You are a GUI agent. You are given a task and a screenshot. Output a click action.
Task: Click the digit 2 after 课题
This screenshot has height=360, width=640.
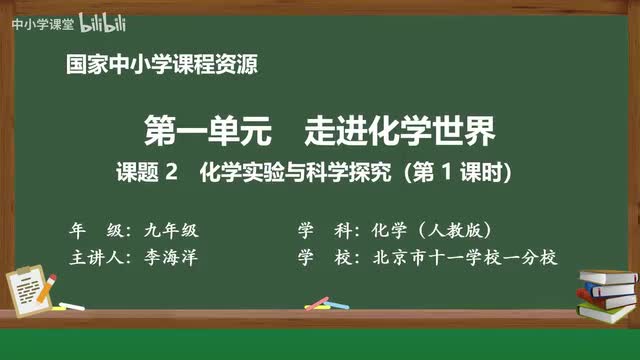tap(171, 172)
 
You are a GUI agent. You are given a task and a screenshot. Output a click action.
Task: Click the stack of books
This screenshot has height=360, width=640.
tap(607, 293)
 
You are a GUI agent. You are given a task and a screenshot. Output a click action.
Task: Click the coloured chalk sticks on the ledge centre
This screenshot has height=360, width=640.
tap(318, 303)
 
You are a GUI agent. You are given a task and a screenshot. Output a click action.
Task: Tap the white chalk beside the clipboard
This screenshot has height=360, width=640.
tap(71, 306)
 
